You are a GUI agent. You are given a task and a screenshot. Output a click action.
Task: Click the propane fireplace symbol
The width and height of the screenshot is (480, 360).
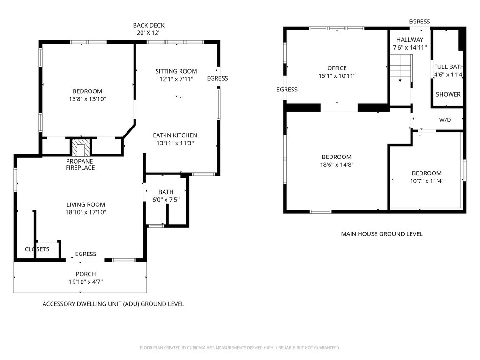pyautogui.click(x=81, y=148)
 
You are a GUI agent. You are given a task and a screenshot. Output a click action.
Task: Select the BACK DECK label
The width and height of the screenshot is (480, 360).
pyautogui.click(x=149, y=25)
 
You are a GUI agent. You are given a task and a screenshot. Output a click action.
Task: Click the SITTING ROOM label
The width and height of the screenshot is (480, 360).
pyautogui.click(x=176, y=71)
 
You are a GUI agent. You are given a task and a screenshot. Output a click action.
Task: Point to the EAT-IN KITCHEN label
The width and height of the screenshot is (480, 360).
pyautogui.click(x=175, y=135)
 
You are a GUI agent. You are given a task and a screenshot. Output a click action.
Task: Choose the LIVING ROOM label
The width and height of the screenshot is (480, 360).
pyautogui.click(x=86, y=204)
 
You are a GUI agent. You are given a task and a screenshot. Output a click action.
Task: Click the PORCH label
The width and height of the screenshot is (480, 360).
pyautogui.click(x=86, y=274)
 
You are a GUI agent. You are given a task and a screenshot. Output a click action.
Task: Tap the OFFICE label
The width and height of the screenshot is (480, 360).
pyautogui.click(x=337, y=68)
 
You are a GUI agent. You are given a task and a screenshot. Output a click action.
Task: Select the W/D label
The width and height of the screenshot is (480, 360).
pyautogui.click(x=445, y=120)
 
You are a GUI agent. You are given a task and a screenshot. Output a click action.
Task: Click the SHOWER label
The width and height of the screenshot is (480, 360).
pyautogui.click(x=448, y=94)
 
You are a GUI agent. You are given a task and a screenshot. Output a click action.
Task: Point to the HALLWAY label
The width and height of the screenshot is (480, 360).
pyautogui.click(x=410, y=40)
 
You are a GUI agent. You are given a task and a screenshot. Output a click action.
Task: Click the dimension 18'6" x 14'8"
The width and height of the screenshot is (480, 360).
pyautogui.click(x=337, y=165)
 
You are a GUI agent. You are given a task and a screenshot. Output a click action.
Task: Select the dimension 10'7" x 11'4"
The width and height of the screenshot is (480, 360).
pyautogui.click(x=427, y=181)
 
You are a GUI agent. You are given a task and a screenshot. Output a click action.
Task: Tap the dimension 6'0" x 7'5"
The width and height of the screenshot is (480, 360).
pyautogui.click(x=166, y=200)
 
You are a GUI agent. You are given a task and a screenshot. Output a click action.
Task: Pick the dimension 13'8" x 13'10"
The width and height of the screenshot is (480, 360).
pyautogui.click(x=88, y=99)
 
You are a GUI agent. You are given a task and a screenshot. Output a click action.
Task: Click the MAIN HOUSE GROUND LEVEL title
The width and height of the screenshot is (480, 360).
pyautogui.click(x=382, y=234)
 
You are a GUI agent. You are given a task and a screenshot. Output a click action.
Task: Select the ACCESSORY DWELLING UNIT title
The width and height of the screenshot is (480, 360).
pyautogui.click(x=113, y=304)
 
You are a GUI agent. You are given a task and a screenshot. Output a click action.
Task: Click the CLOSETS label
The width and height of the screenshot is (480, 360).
pyautogui.click(x=37, y=249)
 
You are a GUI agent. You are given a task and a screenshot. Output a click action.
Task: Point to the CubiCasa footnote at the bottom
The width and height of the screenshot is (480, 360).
pyautogui.click(x=240, y=348)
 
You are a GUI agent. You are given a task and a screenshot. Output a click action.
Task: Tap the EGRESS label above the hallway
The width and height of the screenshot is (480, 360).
pyautogui.click(x=420, y=22)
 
